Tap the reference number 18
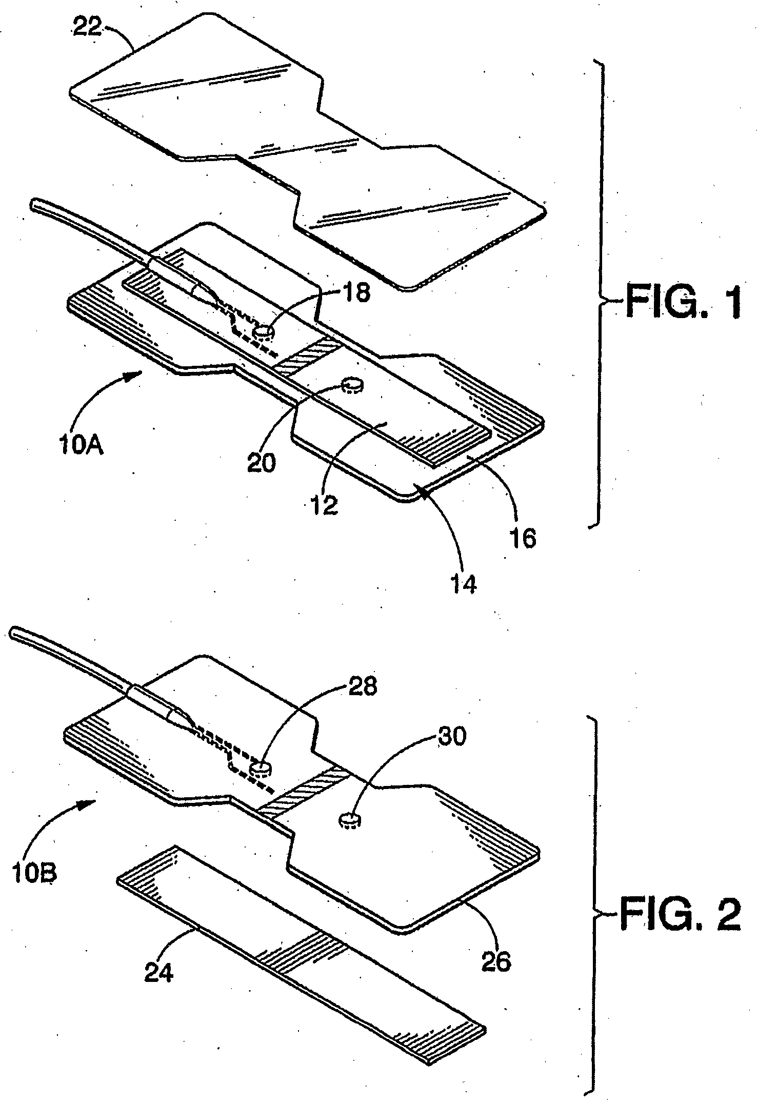[353, 294]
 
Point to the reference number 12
[325, 505]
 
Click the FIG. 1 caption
[682, 303]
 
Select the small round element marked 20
[352, 384]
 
